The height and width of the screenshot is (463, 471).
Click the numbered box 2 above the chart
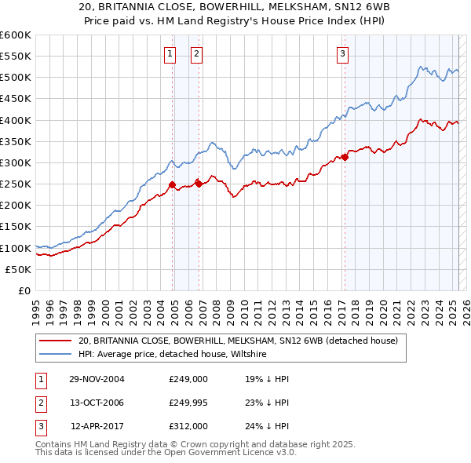(196, 54)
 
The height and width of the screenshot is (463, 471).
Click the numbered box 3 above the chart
(343, 54)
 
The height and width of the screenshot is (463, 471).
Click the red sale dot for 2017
(345, 158)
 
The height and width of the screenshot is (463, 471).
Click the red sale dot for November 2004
(172, 185)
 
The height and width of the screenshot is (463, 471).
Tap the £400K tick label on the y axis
(15, 120)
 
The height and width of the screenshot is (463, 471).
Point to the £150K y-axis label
(15, 227)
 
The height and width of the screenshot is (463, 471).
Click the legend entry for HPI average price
(172, 354)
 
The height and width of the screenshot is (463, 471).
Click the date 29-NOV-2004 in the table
(97, 379)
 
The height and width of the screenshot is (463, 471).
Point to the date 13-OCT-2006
(97, 403)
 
